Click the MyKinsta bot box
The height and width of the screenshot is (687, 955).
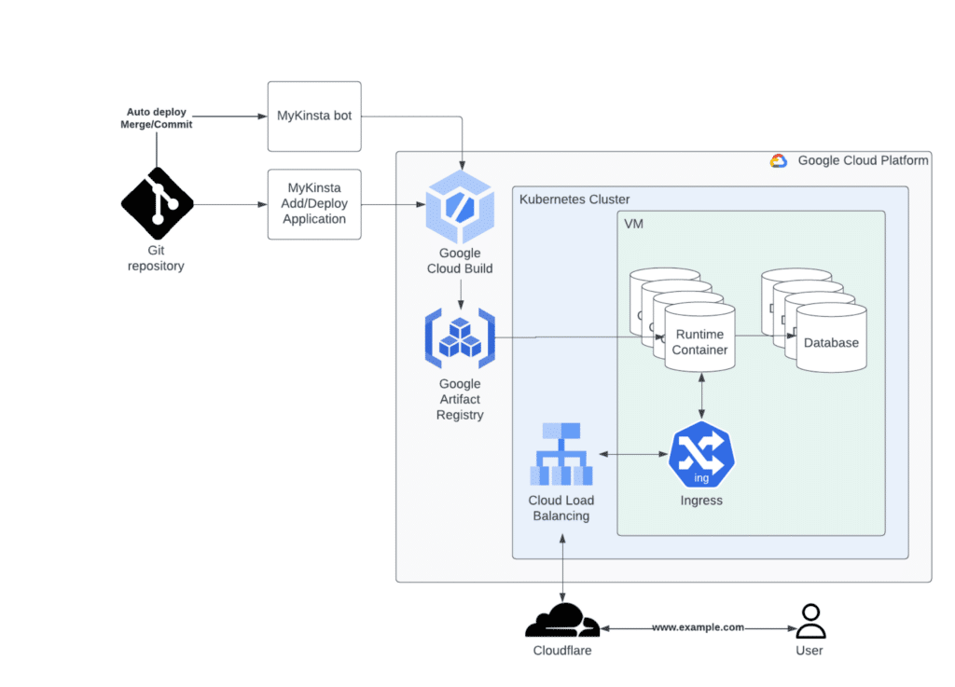tap(314, 117)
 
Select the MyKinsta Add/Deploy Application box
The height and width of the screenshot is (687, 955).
tap(314, 204)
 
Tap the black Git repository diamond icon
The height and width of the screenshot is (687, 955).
tap(157, 203)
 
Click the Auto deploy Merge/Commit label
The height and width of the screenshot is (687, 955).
tap(157, 117)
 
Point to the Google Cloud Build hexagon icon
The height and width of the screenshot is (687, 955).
tap(460, 207)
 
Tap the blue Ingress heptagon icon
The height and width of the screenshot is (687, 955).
tap(701, 455)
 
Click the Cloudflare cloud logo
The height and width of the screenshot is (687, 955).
tap(561, 620)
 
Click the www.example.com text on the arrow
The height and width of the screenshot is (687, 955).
tap(698, 627)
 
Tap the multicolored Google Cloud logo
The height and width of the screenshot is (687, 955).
tap(779, 160)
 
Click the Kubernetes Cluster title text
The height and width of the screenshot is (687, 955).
tap(574, 199)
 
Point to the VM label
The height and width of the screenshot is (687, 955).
tap(633, 224)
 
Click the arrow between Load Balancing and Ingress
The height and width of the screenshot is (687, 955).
tap(633, 455)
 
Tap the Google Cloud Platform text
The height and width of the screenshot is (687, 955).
tap(863, 160)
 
